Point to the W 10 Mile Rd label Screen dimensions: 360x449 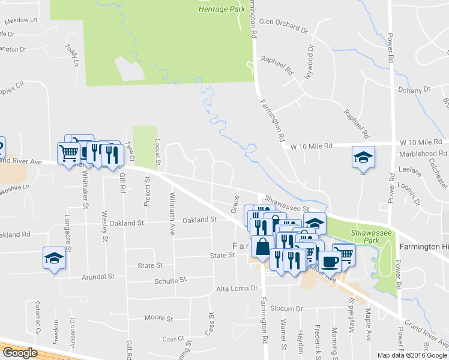click(311, 146)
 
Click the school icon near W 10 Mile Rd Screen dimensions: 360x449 click(363, 157)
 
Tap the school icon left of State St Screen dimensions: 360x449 click(54, 259)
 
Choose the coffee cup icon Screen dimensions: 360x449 click(330, 261)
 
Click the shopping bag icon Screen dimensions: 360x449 click(263, 247)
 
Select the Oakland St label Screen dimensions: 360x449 click(199, 220)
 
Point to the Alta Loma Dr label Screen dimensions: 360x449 click(236, 289)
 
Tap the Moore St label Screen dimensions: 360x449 click(158, 318)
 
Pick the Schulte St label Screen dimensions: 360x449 click(170, 280)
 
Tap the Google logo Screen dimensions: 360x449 click(19, 353)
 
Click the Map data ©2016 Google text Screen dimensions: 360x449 click(412, 355)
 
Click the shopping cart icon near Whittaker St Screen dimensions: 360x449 click(68, 152)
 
